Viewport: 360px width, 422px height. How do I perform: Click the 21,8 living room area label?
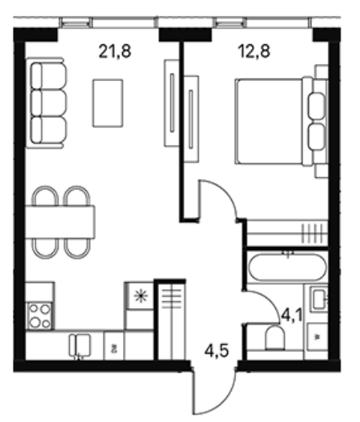point(115,51)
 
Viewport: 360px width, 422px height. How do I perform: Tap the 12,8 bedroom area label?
point(254,51)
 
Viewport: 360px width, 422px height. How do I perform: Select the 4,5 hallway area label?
point(217,351)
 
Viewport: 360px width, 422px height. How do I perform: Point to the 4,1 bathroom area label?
point(292,315)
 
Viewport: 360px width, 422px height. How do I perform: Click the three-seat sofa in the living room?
point(46,103)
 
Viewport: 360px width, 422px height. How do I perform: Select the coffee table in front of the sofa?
point(108,103)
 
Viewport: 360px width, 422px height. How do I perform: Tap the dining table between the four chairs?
point(60,222)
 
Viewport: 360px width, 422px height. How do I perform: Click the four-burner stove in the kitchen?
point(40,316)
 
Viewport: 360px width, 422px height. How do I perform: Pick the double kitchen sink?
point(79,346)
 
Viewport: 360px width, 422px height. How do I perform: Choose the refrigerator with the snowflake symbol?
point(140,296)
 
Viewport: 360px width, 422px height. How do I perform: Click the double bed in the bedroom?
point(281,121)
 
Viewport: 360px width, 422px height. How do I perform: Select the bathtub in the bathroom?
point(287,267)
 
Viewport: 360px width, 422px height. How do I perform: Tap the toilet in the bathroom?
point(274,338)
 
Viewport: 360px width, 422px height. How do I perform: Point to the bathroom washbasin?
point(319,299)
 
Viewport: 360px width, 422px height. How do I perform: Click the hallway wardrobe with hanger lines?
point(172,321)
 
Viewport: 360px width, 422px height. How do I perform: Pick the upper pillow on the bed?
point(316,106)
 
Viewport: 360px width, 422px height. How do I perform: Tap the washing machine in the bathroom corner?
point(317,337)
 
